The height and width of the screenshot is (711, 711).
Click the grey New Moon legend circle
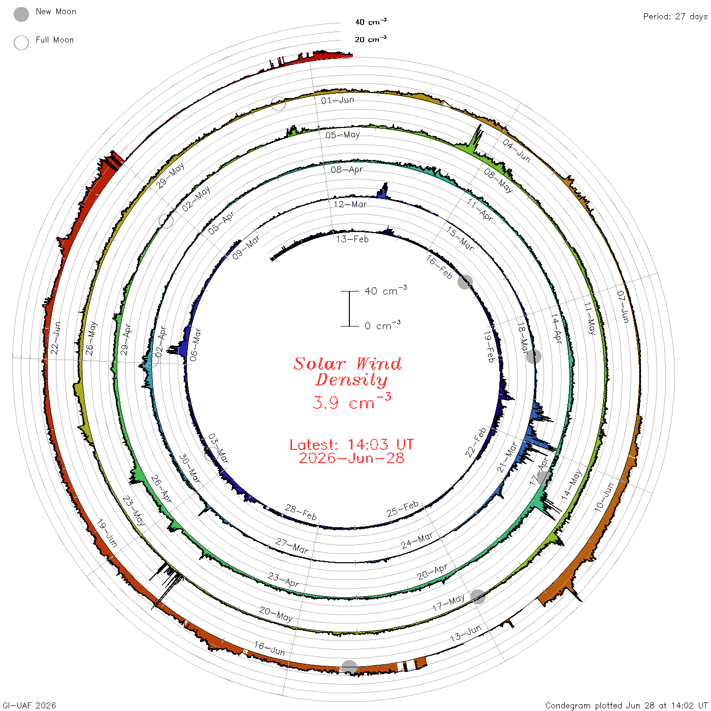coord(21,14)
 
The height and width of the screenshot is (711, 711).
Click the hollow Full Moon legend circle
coord(21,43)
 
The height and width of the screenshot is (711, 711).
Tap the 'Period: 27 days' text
coord(675,17)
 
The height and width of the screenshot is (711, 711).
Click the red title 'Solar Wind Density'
coord(347,372)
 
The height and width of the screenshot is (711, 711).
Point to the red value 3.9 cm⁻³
coord(351,401)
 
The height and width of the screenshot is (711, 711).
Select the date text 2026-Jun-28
coord(351,458)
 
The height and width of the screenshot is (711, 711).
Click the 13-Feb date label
coord(352,239)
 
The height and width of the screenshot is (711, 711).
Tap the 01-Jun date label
coord(337,101)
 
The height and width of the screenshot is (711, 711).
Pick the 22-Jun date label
coord(55,338)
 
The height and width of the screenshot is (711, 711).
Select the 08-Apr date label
coord(347,170)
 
